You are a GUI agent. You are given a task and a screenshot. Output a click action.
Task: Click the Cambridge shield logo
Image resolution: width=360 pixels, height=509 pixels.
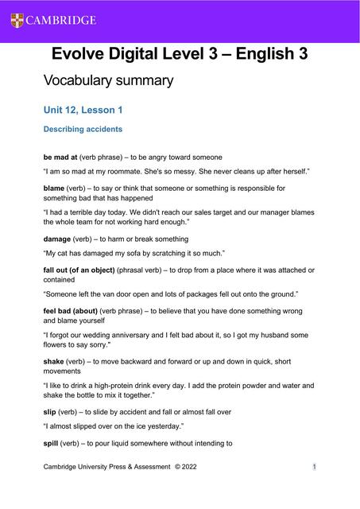coord(17,20)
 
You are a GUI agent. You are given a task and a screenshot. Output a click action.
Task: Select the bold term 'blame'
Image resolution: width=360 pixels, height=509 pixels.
coord(56,188)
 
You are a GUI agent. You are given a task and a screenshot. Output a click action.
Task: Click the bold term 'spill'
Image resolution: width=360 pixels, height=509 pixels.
coord(51,443)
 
